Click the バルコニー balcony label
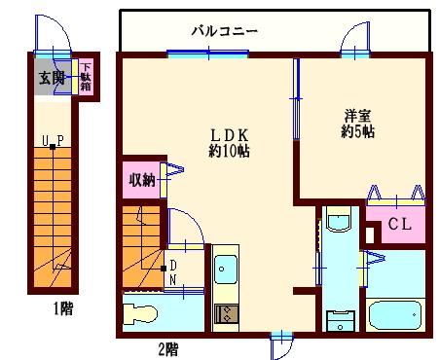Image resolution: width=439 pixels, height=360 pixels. [224, 30]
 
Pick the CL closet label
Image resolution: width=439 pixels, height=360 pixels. [399, 226]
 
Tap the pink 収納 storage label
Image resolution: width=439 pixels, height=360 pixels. [142, 180]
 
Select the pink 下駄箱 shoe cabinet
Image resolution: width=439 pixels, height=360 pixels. [86, 77]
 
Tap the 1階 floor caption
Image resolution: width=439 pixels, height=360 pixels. [63, 310]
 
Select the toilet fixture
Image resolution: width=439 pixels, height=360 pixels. [141, 313]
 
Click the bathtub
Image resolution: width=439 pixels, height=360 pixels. [397, 315]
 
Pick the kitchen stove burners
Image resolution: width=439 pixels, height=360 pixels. [225, 313]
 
